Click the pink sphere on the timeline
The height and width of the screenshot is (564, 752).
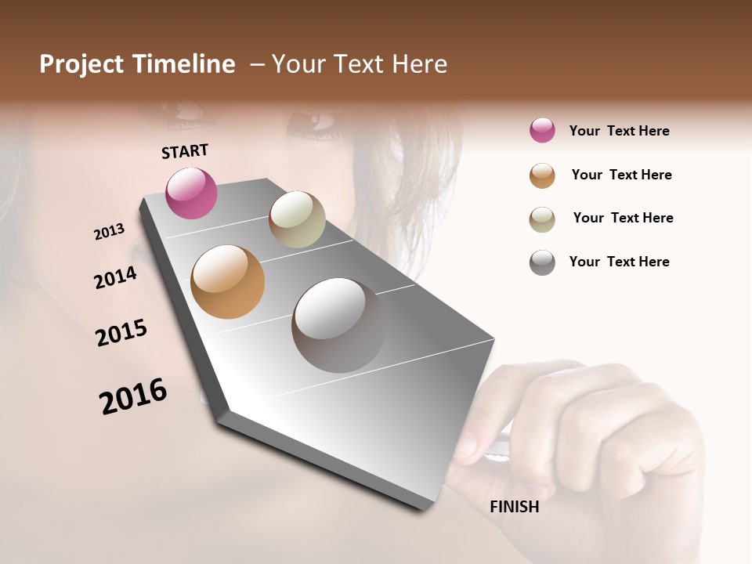click(x=191, y=193)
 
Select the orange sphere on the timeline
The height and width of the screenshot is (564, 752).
click(x=227, y=282)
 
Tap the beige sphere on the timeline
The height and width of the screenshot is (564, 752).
click(x=297, y=219)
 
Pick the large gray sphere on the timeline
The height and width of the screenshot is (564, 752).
click(x=338, y=324)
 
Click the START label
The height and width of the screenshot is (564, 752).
click(x=185, y=151)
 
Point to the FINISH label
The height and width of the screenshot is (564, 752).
click(x=514, y=507)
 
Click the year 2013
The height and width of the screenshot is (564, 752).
click(x=109, y=232)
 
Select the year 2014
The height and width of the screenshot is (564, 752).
click(x=115, y=277)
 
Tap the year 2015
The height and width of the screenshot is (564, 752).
click(x=121, y=333)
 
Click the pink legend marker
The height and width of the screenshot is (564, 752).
click(x=542, y=131)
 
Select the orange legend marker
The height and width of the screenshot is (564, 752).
click(x=542, y=175)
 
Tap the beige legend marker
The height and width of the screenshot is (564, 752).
click(x=542, y=219)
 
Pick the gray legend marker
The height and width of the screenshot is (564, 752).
click(x=542, y=262)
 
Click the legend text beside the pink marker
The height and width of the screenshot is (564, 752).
click(x=619, y=131)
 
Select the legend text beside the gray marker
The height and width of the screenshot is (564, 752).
click(x=619, y=262)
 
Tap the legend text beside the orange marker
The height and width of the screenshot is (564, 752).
click(x=621, y=175)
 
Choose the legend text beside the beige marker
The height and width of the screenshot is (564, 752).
click(x=623, y=218)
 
